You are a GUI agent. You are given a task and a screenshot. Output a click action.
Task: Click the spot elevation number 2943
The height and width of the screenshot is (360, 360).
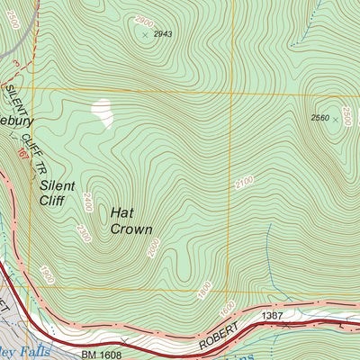tap(162, 34)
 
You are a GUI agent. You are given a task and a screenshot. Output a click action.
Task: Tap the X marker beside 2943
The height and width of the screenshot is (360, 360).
tap(145, 34)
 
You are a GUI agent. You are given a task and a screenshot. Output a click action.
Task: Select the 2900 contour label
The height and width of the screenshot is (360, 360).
tap(143, 19)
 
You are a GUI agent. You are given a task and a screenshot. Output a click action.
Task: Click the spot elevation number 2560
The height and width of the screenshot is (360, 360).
tap(319, 118)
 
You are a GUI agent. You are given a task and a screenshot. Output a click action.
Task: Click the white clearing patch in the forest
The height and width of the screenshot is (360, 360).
tap(103, 112)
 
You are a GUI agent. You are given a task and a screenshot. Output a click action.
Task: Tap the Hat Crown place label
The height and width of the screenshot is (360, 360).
tap(130, 220)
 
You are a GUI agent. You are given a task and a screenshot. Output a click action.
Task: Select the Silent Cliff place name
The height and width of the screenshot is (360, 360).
tap(58, 193)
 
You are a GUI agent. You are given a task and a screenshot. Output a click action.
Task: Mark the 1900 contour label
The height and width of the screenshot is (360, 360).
tap(46, 272)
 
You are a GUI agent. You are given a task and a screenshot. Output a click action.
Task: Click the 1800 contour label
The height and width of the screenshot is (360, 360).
tap(204, 291)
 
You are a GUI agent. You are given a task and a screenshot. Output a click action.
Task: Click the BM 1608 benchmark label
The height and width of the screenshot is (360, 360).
tap(100, 330)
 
